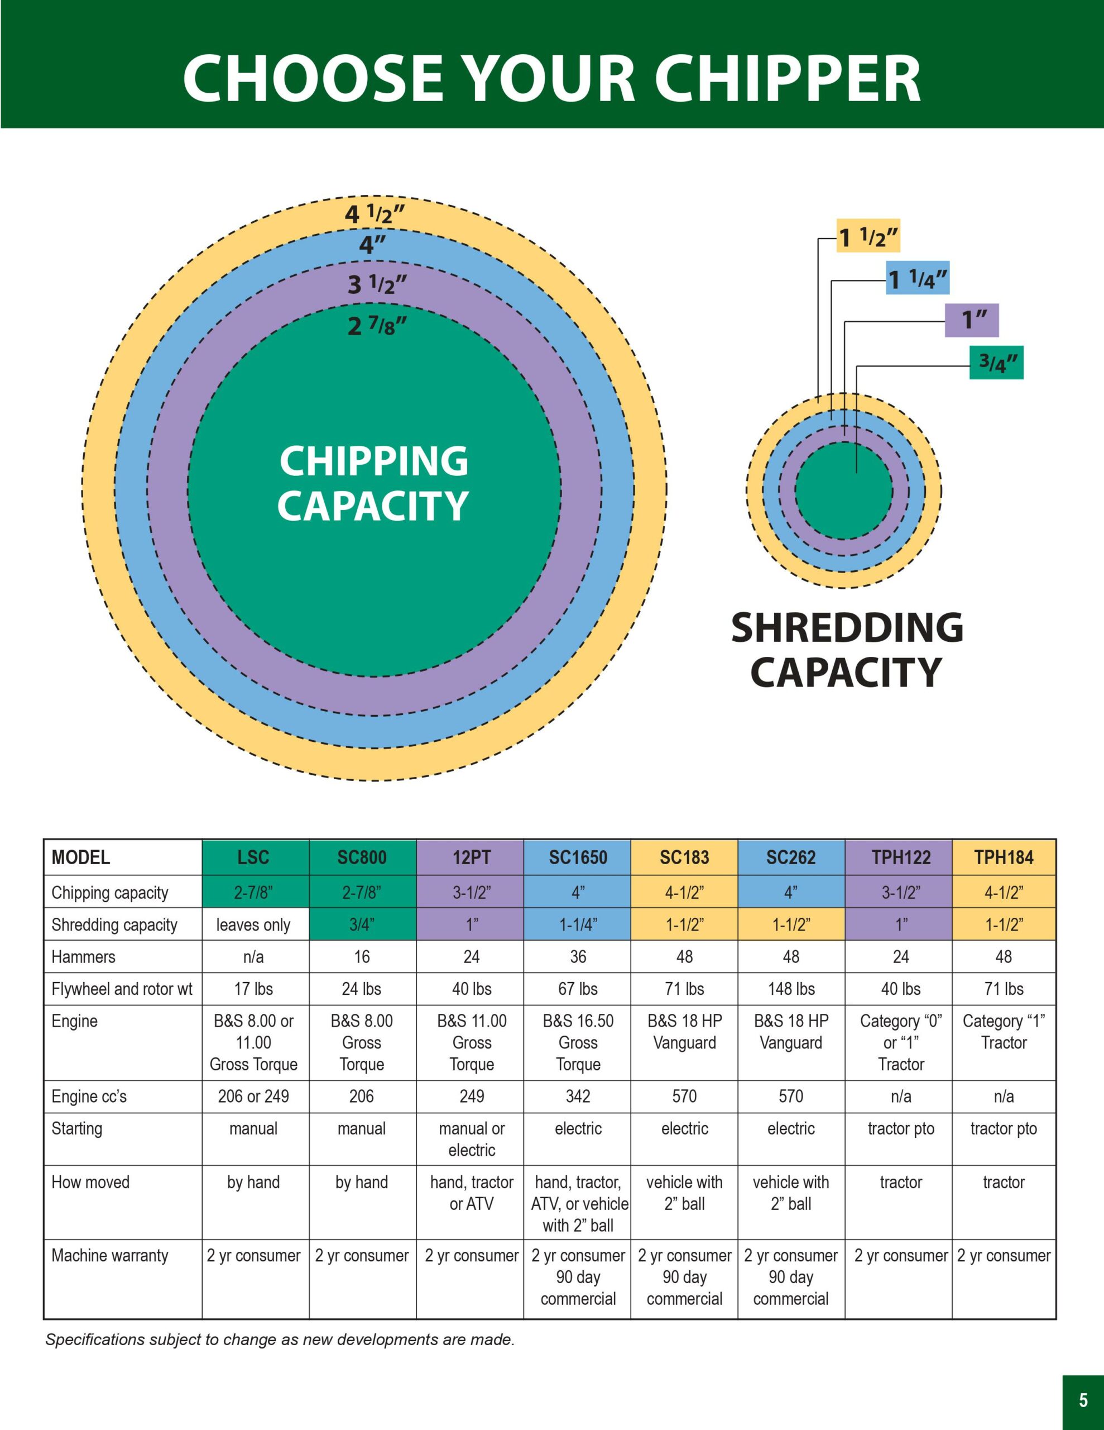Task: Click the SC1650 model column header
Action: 577,857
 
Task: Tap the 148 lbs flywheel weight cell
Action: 791,989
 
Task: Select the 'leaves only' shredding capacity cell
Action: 253,924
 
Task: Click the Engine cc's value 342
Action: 578,1096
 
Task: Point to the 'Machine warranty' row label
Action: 110,1255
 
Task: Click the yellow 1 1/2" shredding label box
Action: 868,236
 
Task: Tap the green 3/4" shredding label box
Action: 997,362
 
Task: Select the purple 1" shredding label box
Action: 972,320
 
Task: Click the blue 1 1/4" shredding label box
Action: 918,278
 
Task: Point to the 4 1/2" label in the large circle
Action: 375,213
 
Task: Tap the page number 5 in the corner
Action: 1083,1400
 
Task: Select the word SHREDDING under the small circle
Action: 847,627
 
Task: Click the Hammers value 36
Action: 578,957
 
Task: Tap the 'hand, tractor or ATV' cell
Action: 471,1193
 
